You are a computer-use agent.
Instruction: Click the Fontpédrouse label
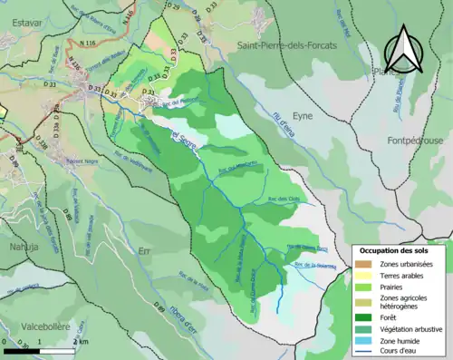click(x=405, y=141)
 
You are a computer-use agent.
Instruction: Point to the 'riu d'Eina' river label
click(x=288, y=123)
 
